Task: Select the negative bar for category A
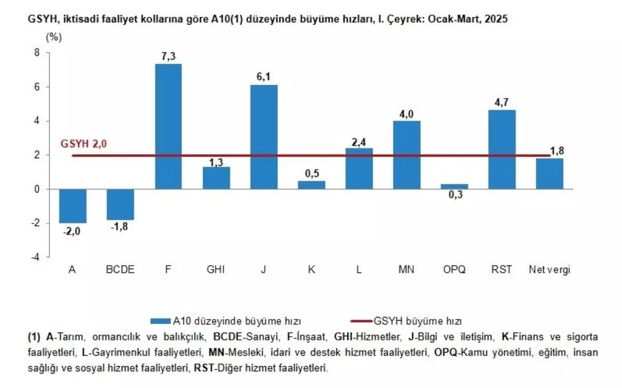click(73, 206)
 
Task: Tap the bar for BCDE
click(120, 204)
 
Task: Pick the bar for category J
click(264, 136)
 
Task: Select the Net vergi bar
click(549, 174)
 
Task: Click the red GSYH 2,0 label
click(84, 144)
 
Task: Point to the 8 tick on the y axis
click(37, 52)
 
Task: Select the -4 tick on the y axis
click(35, 257)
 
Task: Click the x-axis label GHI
click(216, 270)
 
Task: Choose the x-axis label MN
click(406, 270)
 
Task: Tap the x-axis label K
click(312, 270)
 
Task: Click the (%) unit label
click(54, 37)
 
